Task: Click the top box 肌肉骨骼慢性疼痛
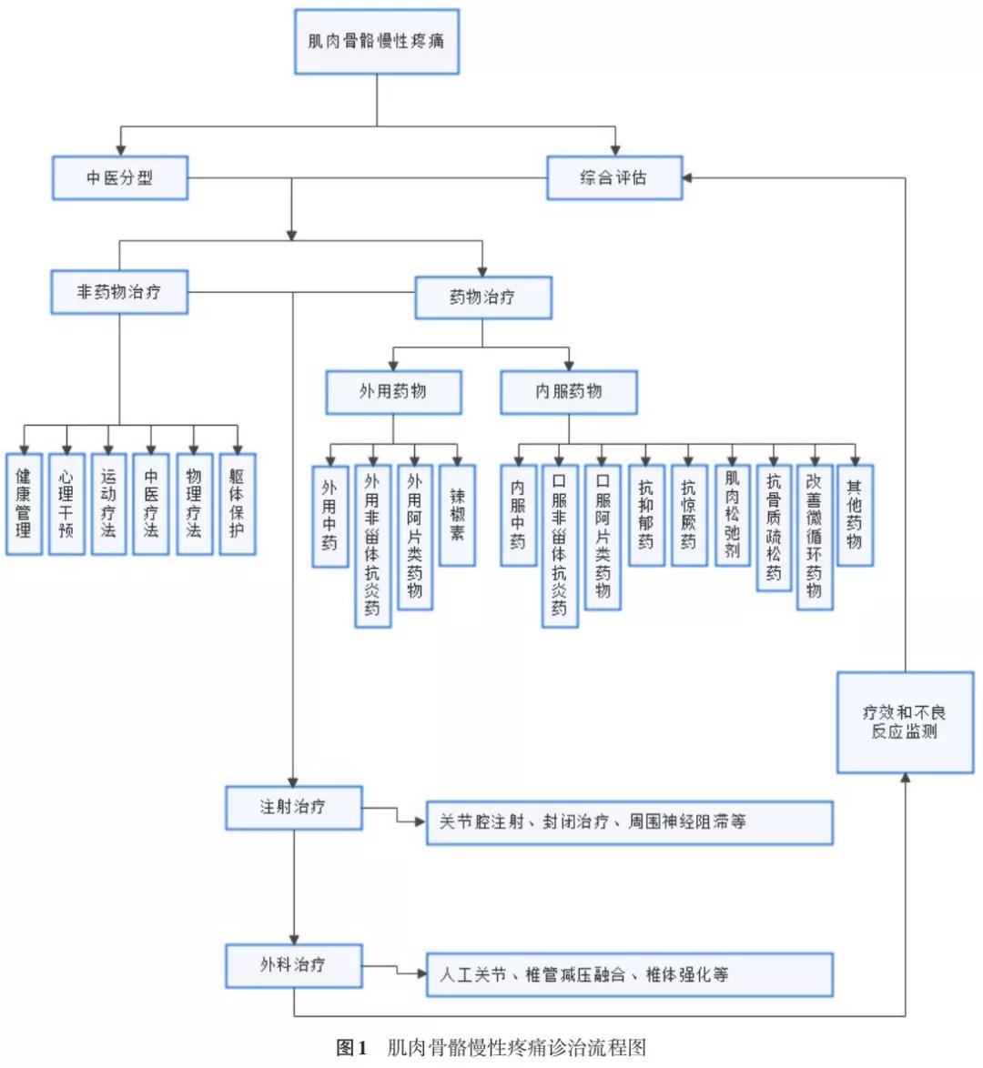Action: click(376, 42)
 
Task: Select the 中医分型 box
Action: click(119, 177)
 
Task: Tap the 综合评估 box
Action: click(613, 177)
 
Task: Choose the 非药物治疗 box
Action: click(119, 292)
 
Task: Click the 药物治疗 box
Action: click(482, 297)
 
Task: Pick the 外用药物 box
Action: click(393, 392)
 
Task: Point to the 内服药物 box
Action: click(568, 392)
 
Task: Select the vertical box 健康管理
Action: click(24, 503)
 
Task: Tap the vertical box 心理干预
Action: click(66, 503)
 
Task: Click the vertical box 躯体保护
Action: click(237, 503)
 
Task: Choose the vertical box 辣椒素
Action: click(457, 515)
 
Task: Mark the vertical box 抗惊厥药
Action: click(689, 515)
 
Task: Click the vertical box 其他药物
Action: click(854, 515)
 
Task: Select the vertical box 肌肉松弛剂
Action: click(732, 515)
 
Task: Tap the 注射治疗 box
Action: click(293, 807)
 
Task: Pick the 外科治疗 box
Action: click(293, 965)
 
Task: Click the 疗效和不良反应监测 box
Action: click(904, 722)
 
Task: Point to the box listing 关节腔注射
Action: click(629, 822)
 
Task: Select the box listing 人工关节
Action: click(629, 974)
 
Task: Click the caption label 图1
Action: click(351, 1047)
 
